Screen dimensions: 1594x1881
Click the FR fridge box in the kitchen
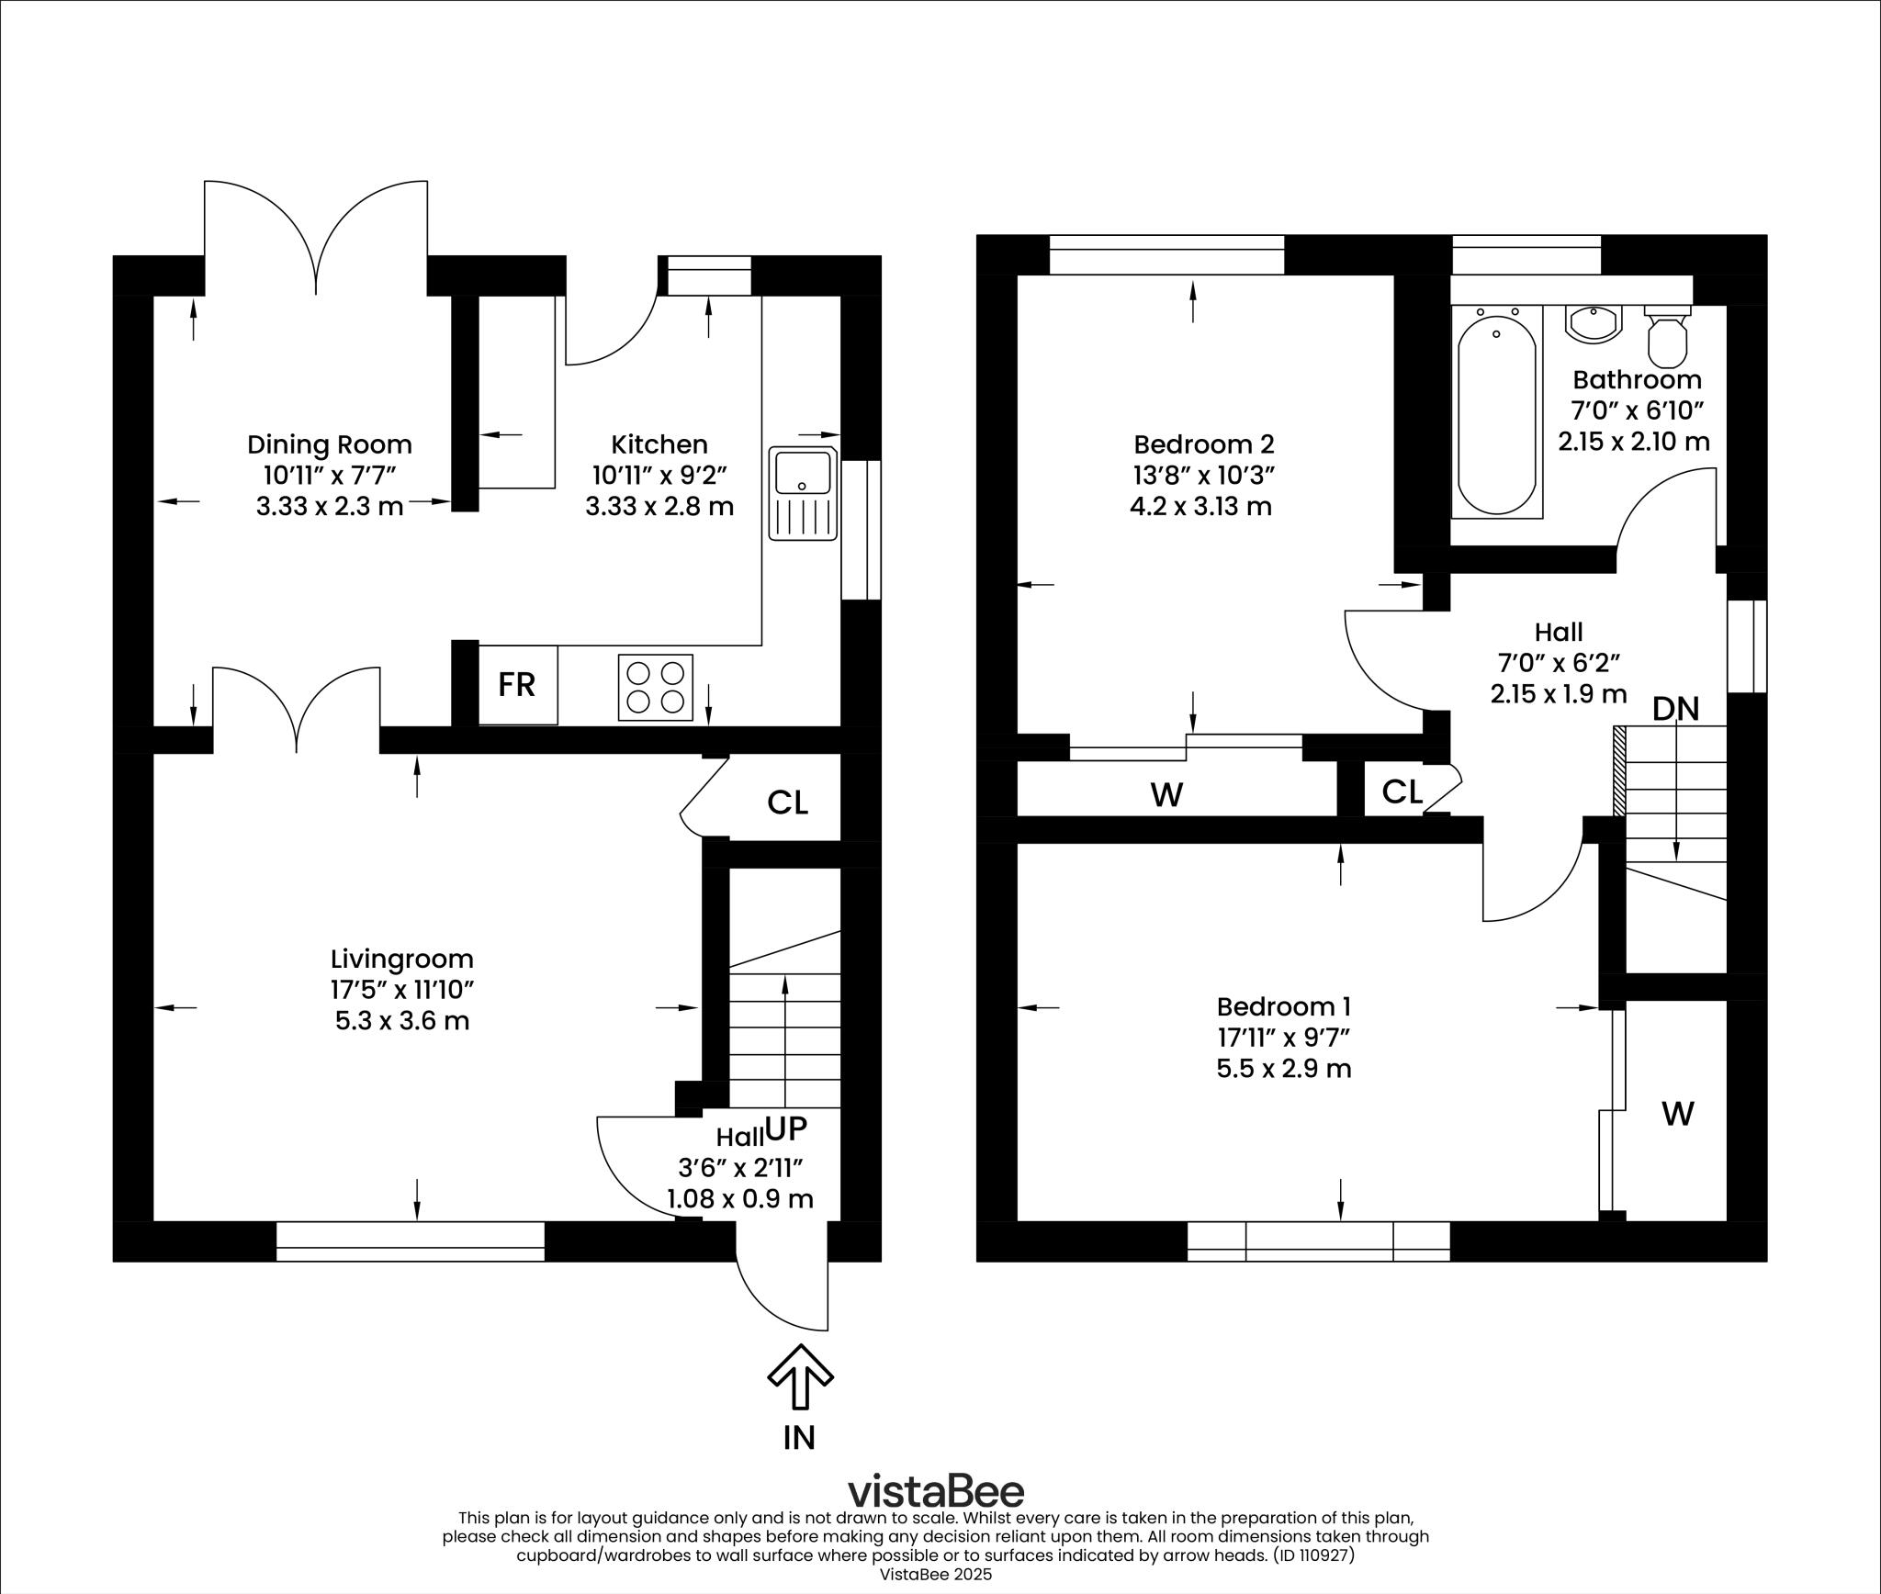coord(517,685)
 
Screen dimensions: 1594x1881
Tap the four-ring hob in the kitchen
coord(655,688)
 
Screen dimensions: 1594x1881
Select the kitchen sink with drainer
coord(804,494)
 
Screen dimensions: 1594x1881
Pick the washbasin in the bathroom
coord(1594,324)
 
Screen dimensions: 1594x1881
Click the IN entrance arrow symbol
coord(800,1376)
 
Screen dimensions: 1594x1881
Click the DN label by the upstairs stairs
coord(1675,709)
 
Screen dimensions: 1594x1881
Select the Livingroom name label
coord(402,960)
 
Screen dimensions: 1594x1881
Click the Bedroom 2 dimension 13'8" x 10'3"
coord(1203,476)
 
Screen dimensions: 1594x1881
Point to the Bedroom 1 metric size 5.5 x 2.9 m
coord(1284,1069)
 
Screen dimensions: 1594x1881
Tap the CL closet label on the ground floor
coord(787,803)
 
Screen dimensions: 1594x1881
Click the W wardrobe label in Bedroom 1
coord(1677,1115)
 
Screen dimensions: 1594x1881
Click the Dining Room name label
coord(330,445)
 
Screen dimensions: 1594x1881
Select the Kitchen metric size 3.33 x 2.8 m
coord(659,506)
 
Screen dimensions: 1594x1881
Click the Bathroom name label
coord(1637,379)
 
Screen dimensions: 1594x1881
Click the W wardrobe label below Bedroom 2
coord(1166,795)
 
